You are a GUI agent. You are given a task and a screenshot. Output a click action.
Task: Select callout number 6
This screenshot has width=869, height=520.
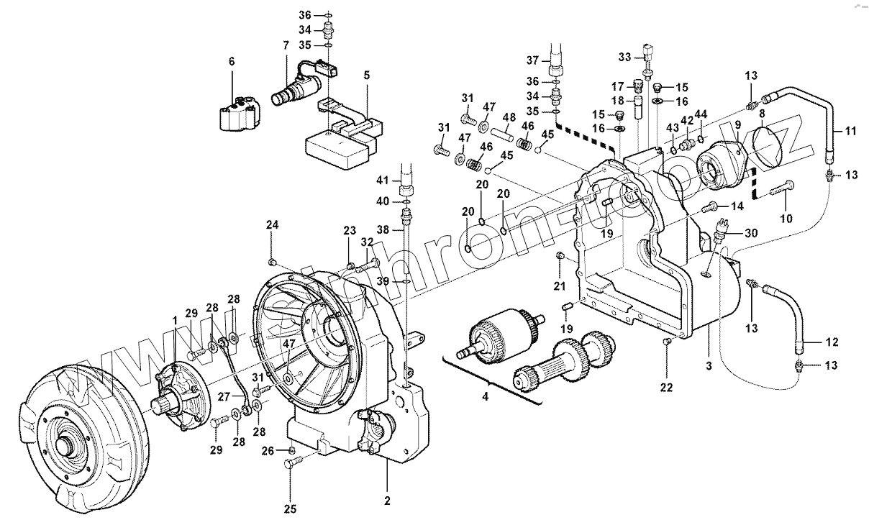232,63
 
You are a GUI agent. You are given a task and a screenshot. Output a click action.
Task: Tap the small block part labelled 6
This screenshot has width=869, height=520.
237,115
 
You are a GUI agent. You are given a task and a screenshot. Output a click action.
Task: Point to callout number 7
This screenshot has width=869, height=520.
286,45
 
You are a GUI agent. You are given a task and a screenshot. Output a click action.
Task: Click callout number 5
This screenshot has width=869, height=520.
366,74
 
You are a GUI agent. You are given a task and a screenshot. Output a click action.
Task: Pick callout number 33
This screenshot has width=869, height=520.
624,57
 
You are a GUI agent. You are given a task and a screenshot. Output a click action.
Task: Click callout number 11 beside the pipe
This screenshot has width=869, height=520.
850,132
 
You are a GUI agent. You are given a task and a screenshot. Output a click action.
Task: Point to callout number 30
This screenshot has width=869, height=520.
751,233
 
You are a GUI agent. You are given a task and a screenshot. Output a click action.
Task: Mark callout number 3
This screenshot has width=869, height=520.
709,366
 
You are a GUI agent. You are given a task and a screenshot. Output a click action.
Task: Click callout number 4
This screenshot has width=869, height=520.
484,396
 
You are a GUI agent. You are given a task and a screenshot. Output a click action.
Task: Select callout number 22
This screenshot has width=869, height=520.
666,388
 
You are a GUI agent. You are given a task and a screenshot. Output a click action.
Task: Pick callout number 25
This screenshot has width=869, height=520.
290,509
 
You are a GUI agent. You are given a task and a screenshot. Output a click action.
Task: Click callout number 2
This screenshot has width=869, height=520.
386,501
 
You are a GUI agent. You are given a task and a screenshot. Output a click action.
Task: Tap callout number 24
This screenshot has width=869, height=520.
272,225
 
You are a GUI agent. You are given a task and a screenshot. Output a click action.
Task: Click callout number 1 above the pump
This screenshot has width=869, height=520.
173,319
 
